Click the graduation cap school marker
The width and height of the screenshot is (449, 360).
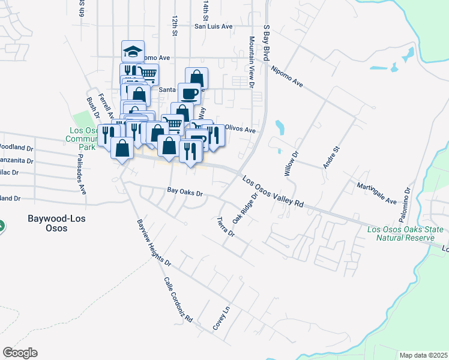(133, 52)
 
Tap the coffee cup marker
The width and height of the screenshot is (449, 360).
(190, 94)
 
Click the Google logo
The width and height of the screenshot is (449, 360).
(20, 353)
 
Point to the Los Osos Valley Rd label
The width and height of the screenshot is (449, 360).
(273, 191)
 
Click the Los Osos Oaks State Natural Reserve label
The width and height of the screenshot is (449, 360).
(405, 233)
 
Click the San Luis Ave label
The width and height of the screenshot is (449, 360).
(212, 26)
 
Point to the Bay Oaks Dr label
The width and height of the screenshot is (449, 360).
(185, 193)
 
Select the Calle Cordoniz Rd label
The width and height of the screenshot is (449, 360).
(178, 300)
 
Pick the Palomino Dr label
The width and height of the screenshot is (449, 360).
(406, 206)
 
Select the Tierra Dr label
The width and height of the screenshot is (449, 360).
(226, 226)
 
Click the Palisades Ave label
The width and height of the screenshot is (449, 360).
(82, 173)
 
